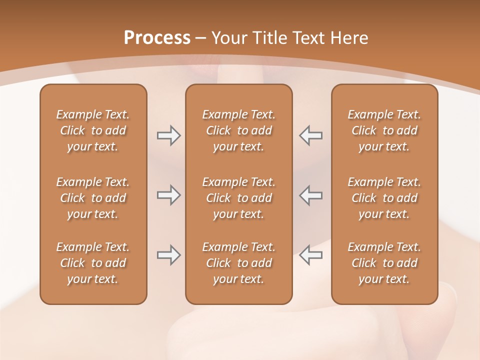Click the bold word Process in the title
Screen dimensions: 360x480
pyautogui.click(x=157, y=38)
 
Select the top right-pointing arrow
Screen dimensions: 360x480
pyautogui.click(x=168, y=135)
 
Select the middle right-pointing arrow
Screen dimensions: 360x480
pyautogui.click(x=168, y=195)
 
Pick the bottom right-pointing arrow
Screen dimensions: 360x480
pyautogui.click(x=168, y=255)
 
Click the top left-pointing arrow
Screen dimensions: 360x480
pyautogui.click(x=310, y=135)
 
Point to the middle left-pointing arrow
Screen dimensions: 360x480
pyautogui.click(x=310, y=195)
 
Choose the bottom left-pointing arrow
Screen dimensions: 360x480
pyautogui.click(x=310, y=255)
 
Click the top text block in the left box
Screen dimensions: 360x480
pyautogui.click(x=93, y=130)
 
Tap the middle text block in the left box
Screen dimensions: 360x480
pyautogui.click(x=93, y=198)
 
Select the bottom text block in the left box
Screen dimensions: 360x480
pyautogui.click(x=93, y=263)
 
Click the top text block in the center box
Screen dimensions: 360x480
pyautogui.click(x=238, y=130)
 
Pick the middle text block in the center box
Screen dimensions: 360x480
pyautogui.click(x=238, y=198)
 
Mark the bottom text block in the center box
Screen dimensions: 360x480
pyautogui.click(x=238, y=263)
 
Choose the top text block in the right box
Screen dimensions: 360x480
pyautogui.click(x=384, y=130)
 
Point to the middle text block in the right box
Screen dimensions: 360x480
pyautogui.click(x=384, y=198)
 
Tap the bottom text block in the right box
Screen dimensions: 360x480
pyautogui.click(x=384, y=263)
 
